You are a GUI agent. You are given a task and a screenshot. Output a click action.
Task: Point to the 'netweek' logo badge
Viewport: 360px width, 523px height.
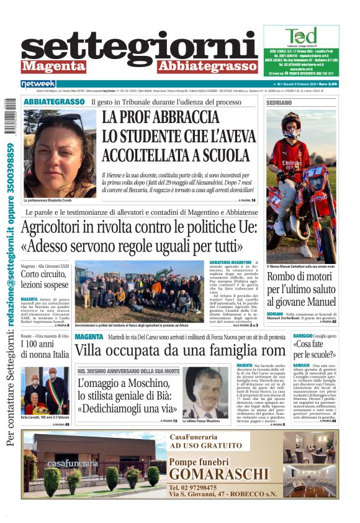click(38, 84)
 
